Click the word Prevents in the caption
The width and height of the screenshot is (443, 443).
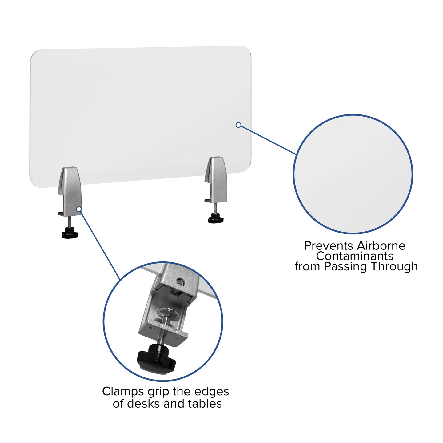[329, 246]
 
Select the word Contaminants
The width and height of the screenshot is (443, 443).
[355, 256]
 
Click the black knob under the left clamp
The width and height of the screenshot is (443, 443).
[70, 233]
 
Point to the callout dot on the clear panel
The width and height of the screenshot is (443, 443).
[238, 125]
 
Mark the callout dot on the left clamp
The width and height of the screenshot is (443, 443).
[79, 209]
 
